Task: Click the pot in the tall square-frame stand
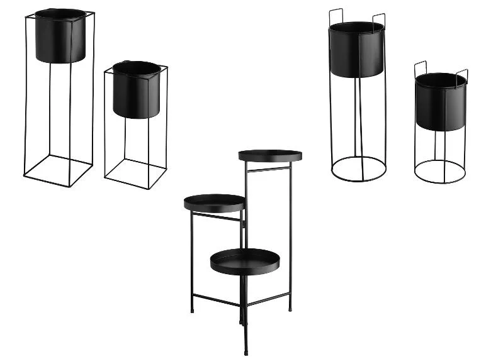click(x=60, y=36)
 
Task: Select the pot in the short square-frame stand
click(x=137, y=89)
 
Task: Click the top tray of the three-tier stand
click(x=270, y=155)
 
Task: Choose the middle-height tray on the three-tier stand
click(x=215, y=202)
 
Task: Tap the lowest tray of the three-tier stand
click(x=244, y=262)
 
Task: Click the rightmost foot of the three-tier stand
click(x=290, y=309)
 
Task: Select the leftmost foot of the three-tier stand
click(x=191, y=310)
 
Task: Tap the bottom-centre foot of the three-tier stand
click(x=245, y=351)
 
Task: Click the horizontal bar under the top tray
click(x=268, y=169)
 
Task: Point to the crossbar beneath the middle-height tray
click(x=215, y=217)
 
